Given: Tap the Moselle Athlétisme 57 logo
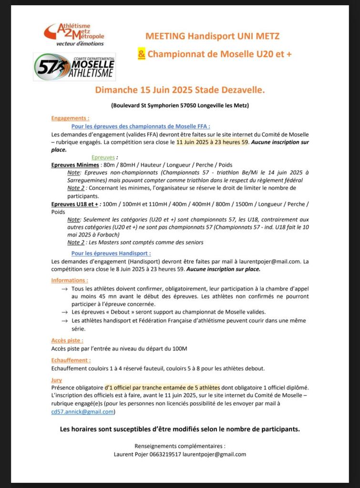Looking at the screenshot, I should pos(74,67).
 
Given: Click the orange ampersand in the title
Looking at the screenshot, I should pos(142,54).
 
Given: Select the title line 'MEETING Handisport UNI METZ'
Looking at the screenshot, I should pos(212,36).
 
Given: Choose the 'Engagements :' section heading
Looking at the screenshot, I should pos(70,118).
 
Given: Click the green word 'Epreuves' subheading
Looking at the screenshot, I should pos(103,157).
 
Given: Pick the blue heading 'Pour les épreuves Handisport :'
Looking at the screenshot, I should pos(111,254).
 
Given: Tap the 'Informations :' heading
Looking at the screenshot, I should pos(70,280).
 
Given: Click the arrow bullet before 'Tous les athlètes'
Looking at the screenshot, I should pos(64,289).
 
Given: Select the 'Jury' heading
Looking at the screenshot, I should pos(56,380).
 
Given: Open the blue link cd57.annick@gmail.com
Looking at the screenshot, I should pos(83,411).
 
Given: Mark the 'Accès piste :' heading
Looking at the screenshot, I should pos(67,340).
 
